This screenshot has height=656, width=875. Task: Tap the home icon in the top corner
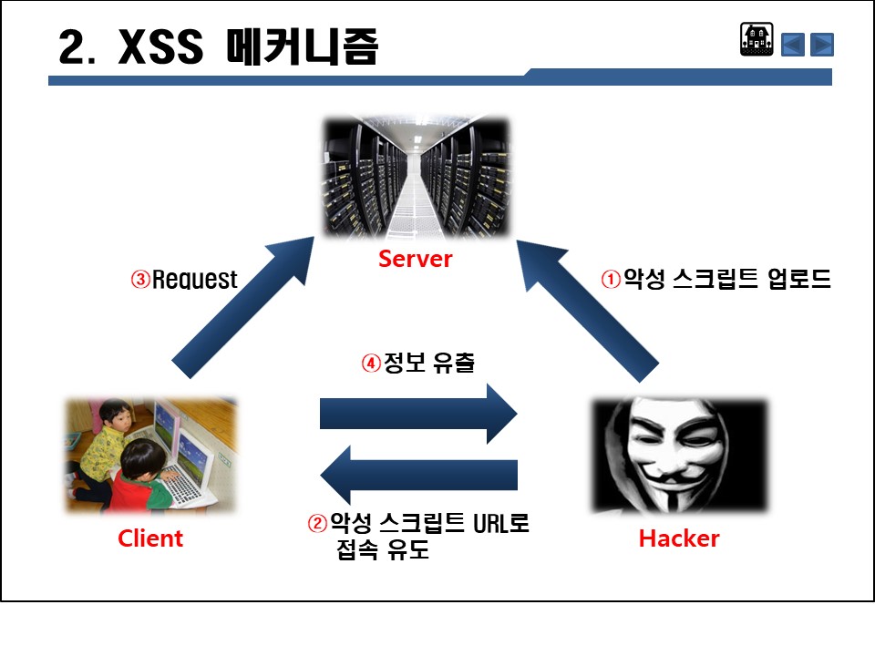click(757, 41)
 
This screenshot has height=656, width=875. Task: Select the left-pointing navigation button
click(793, 44)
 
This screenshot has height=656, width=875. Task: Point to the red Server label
click(416, 259)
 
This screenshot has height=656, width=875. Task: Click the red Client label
click(150, 538)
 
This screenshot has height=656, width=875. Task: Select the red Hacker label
click(679, 538)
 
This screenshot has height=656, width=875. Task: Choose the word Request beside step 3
click(195, 280)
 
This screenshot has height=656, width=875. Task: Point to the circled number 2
click(317, 525)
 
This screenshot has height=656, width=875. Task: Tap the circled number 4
click(371, 363)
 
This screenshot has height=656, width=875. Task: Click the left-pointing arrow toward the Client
click(419, 475)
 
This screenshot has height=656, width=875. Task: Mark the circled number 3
click(140, 280)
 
